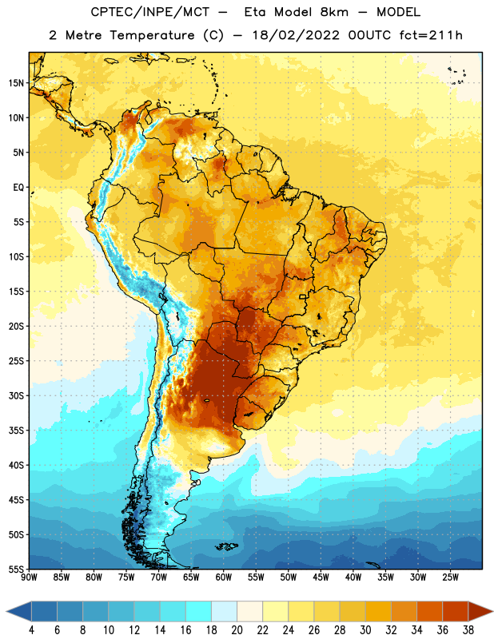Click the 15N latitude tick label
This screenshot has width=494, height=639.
pyautogui.click(x=16, y=83)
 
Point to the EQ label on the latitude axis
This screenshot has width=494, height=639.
pyautogui.click(x=18, y=188)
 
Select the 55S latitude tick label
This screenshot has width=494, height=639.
pyautogui.click(x=16, y=569)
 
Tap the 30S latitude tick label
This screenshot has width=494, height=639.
pyautogui.click(x=16, y=395)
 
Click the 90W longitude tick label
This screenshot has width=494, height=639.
pyautogui.click(x=29, y=577)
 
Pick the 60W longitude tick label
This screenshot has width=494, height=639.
pyautogui.click(x=224, y=577)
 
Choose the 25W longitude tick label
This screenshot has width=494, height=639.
pyautogui.click(x=451, y=577)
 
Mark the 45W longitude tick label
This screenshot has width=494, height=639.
pyautogui.click(x=321, y=577)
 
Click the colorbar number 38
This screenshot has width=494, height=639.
pyautogui.click(x=468, y=630)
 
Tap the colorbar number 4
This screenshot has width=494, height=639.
pyautogui.click(x=31, y=630)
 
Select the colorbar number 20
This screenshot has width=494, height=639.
pyautogui.click(x=237, y=630)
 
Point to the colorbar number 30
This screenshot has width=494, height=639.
pyautogui.click(x=365, y=630)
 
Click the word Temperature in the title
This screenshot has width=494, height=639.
pyautogui.click(x=152, y=35)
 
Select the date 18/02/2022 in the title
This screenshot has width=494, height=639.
pyautogui.click(x=296, y=35)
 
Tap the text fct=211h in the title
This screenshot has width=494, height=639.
pyautogui.click(x=431, y=35)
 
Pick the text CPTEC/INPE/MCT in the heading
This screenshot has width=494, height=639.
pyautogui.click(x=149, y=12)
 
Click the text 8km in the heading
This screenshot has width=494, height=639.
pyautogui.click(x=334, y=12)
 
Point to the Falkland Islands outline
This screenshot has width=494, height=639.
pyautogui.click(x=227, y=546)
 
